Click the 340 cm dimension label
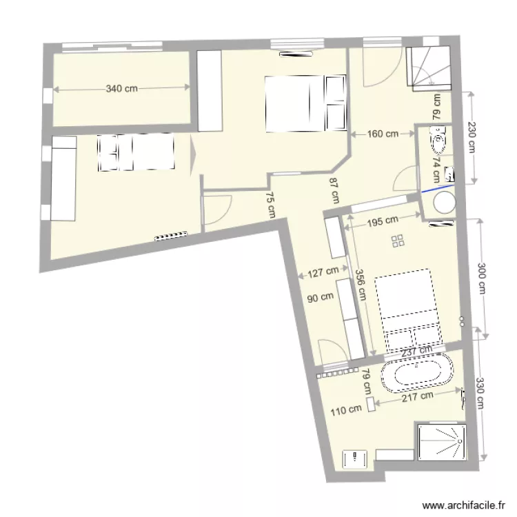[x=121, y=88]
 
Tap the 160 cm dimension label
[x=383, y=134]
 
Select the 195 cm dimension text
[x=383, y=221]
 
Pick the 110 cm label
[x=346, y=409]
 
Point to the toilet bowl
[x=437, y=143]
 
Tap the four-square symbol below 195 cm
[x=398, y=241]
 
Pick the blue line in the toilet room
[x=437, y=187]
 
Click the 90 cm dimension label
[x=320, y=298]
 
